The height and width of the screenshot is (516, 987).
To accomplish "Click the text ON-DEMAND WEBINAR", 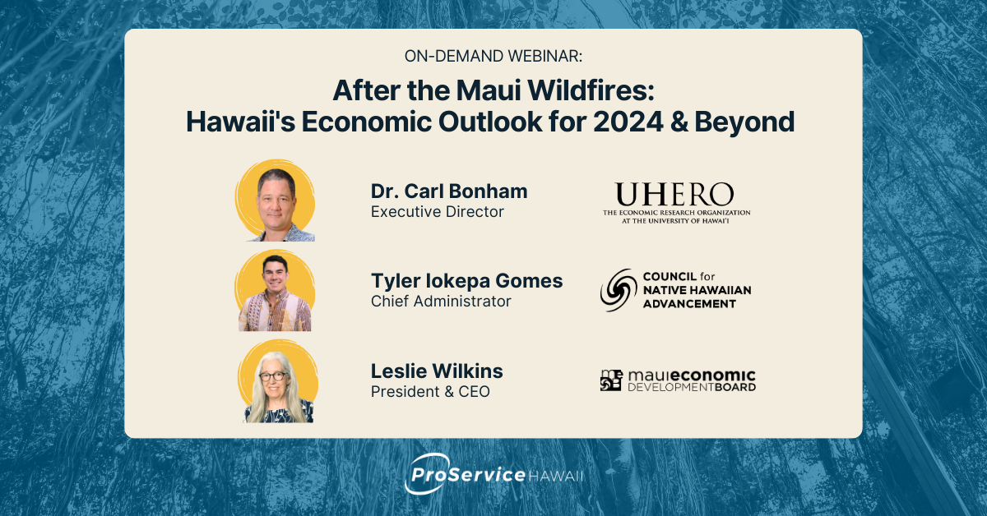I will (x=493, y=56).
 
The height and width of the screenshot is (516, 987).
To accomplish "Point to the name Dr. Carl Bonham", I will (x=449, y=191).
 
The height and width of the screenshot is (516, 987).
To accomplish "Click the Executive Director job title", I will (x=437, y=212).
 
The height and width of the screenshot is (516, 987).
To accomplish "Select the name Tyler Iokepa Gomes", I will (x=466, y=281).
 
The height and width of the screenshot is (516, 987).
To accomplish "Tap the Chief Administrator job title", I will (x=441, y=302).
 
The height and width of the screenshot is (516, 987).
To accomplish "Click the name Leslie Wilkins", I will (x=437, y=371).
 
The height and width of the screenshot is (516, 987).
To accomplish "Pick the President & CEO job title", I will (x=430, y=392).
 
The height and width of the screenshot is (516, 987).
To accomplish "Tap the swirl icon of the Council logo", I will (x=618, y=290).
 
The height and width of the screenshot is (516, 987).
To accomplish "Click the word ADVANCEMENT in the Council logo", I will (x=688, y=303).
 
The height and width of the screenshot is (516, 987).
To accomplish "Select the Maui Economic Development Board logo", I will (x=678, y=380).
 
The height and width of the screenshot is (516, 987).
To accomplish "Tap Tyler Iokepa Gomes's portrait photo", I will (x=276, y=291).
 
